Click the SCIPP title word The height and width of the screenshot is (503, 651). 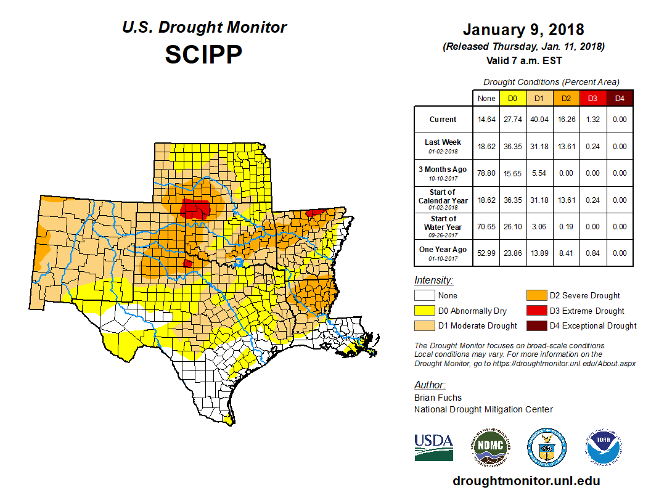click(x=203, y=55)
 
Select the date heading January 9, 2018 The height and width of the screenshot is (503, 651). click(x=523, y=30)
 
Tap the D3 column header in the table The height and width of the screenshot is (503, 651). click(x=592, y=98)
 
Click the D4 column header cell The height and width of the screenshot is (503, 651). click(x=620, y=98)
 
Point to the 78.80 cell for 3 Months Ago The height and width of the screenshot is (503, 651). click(x=486, y=173)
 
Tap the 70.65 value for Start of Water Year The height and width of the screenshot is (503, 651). click(x=486, y=227)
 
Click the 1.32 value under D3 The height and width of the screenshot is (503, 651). click(x=592, y=120)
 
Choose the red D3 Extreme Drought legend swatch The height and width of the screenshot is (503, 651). click(x=536, y=311)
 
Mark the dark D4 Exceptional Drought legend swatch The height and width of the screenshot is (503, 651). click(x=536, y=325)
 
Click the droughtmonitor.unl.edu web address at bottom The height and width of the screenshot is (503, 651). click(x=526, y=481)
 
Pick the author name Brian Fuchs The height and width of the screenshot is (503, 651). click(x=438, y=398)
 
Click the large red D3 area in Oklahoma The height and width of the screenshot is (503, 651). click(x=197, y=210)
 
